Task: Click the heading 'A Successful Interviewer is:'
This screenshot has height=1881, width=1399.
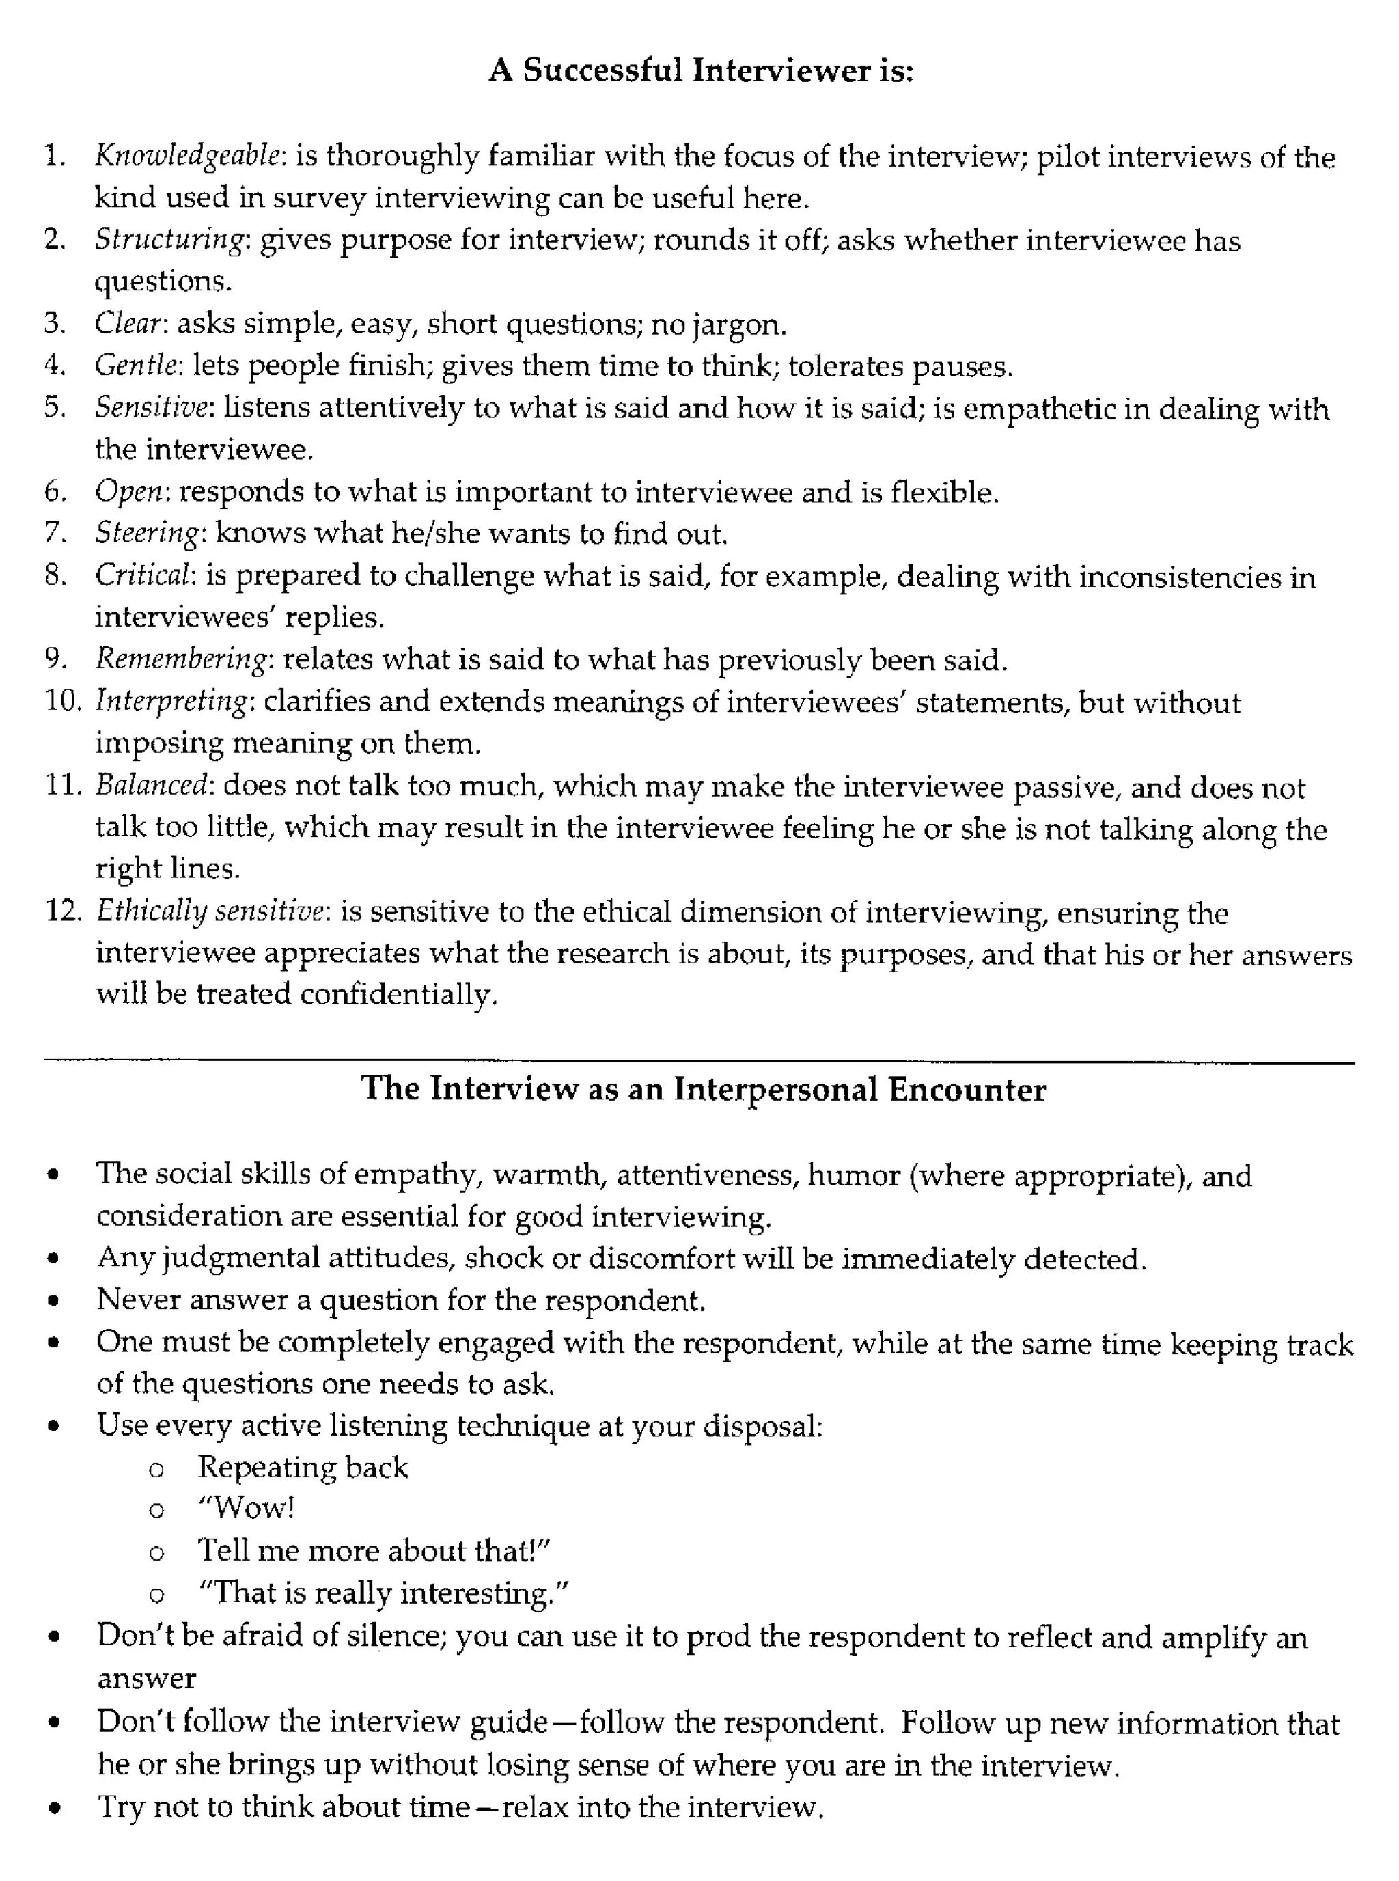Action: pyautogui.click(x=700, y=70)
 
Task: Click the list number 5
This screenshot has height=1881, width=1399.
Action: pyautogui.click(x=55, y=407)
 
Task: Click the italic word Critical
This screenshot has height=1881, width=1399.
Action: pyautogui.click(x=144, y=576)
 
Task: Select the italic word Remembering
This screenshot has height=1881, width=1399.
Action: pyautogui.click(x=181, y=660)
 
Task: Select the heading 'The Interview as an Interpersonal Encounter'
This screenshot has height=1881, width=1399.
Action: pyautogui.click(x=703, y=1089)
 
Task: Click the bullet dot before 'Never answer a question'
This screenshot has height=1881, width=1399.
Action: pyautogui.click(x=54, y=1301)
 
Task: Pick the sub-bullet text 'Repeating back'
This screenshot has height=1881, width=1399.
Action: pyautogui.click(x=303, y=1468)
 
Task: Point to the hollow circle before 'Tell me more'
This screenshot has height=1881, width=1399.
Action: pyautogui.click(x=156, y=1552)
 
